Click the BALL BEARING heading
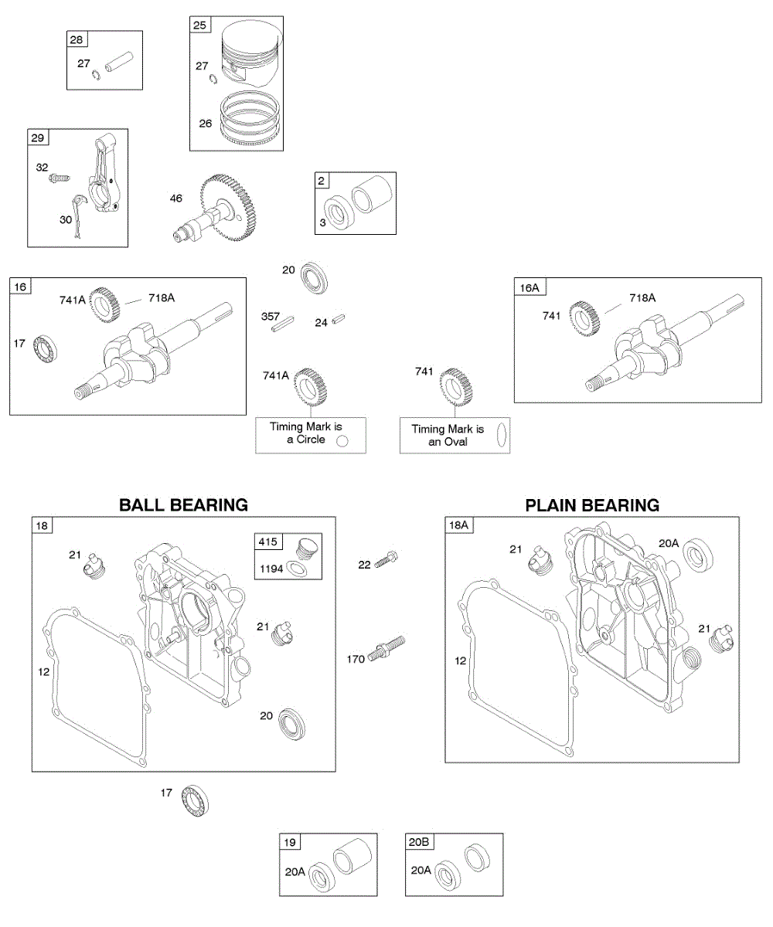coord(183,505)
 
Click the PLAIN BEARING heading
coord(592,505)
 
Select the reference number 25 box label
coord(199,25)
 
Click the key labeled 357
coord(284,323)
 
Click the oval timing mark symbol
coord(501,435)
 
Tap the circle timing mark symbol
coord(343,440)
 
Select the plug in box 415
coord(306,549)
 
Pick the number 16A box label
coord(530,287)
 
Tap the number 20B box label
coord(417,842)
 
